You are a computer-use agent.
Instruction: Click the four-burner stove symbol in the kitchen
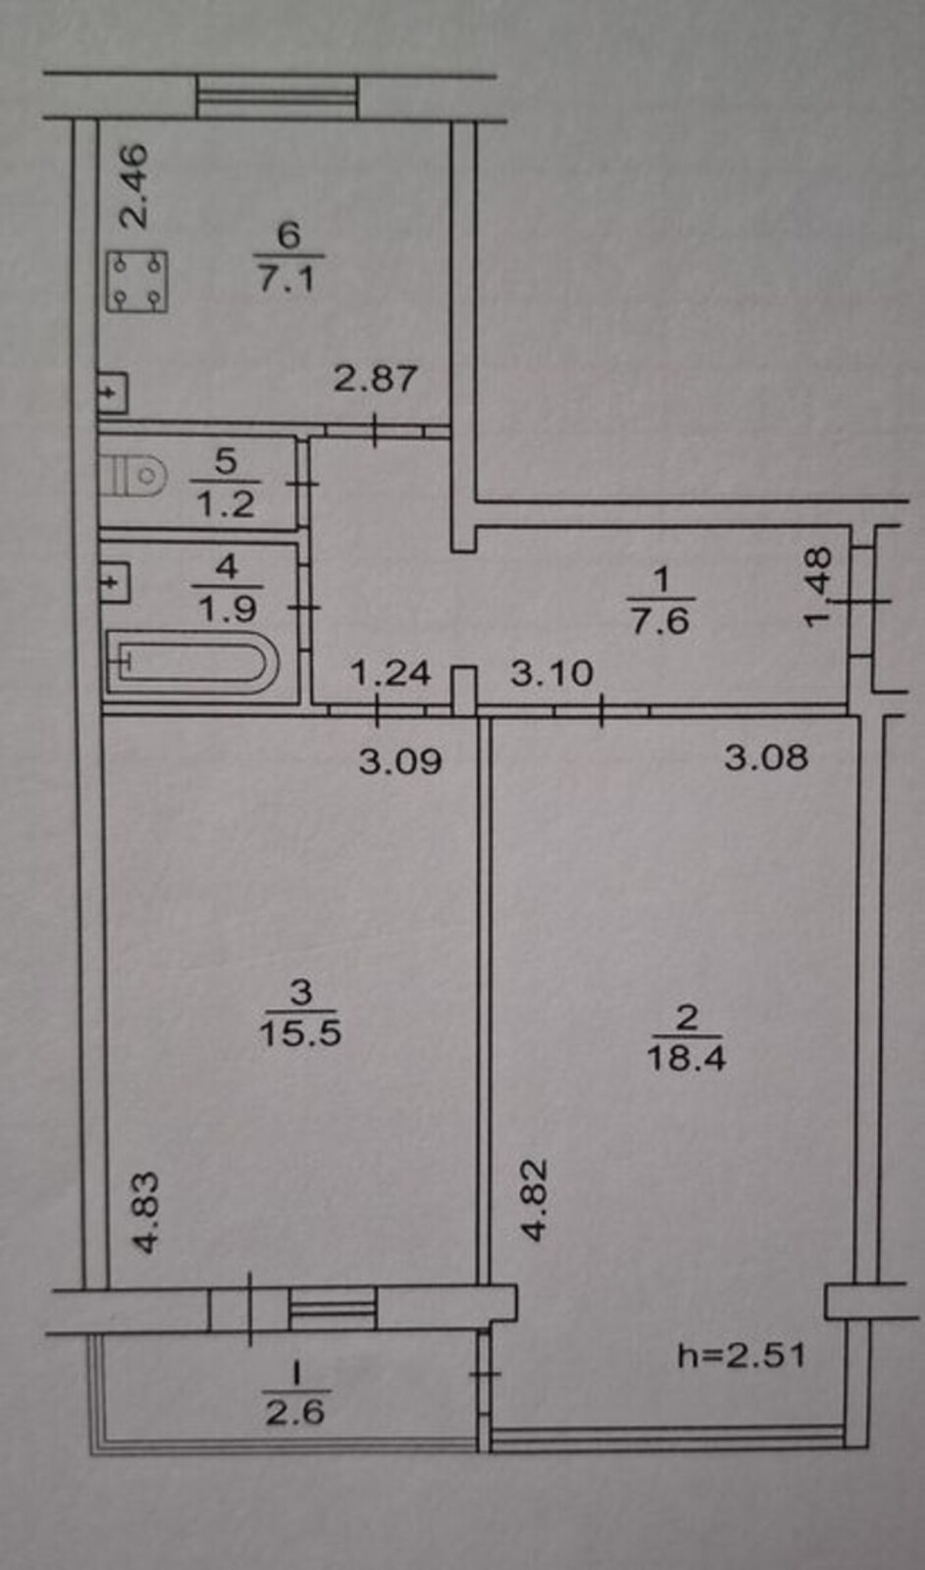point(136,281)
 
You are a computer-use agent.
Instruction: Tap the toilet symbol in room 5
point(133,476)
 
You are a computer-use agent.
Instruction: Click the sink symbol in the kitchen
point(113,392)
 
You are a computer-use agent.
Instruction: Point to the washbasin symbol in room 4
point(115,581)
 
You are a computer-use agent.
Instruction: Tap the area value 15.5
point(300,1032)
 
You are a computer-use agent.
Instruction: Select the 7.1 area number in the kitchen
point(287,279)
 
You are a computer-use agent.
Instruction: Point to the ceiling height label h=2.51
point(742,1355)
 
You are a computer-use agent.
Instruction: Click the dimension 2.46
point(133,186)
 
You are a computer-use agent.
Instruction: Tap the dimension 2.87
point(375,379)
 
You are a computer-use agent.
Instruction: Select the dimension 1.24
point(389,673)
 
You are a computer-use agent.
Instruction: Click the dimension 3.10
point(551,673)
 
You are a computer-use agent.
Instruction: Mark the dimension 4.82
point(535,1201)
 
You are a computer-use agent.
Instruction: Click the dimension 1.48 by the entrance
point(818,587)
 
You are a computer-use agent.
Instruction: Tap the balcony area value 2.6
point(295,1411)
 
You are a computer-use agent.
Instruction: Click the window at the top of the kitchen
point(277,97)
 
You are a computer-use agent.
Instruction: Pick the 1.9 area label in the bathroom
point(228,608)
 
